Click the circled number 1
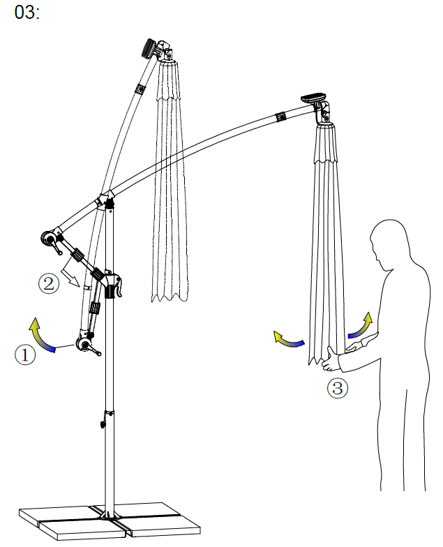pyautogui.click(x=24, y=354)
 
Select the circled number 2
pyautogui.click(x=47, y=283)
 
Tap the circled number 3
pyautogui.click(x=337, y=388)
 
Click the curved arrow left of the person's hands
pyautogui.click(x=288, y=339)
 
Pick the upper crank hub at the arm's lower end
pyautogui.click(x=50, y=239)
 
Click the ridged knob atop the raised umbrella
pyautogui.click(x=149, y=48)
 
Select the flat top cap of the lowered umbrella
pyautogui.click(x=314, y=98)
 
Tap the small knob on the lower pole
pyautogui.click(x=103, y=421)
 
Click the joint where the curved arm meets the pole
pyautogui.click(x=107, y=202)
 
